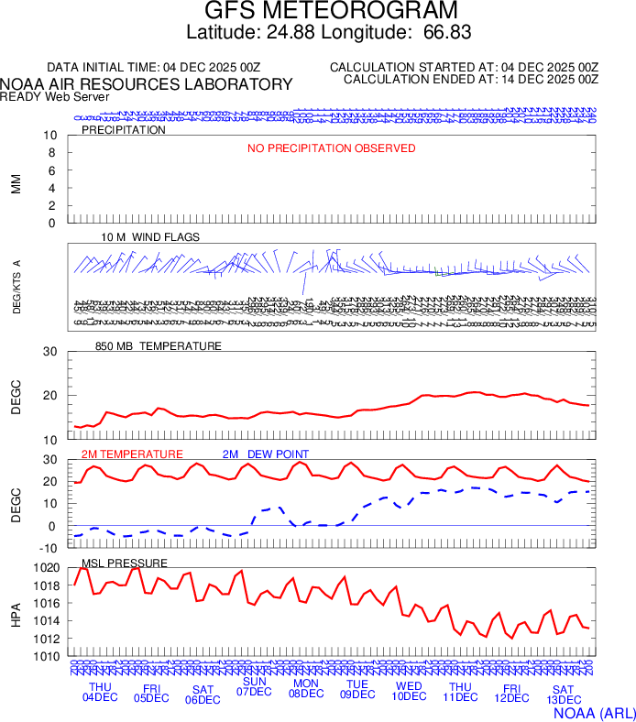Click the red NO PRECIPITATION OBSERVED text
pyautogui.click(x=331, y=148)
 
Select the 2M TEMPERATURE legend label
pyautogui.click(x=132, y=454)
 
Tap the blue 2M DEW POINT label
pyautogui.click(x=266, y=454)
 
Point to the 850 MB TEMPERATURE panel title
pyautogui.click(x=158, y=346)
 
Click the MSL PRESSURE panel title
pyautogui.click(x=125, y=563)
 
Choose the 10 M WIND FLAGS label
pyautogui.click(x=150, y=237)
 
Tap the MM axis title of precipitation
pyautogui.click(x=16, y=180)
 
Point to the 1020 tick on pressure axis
pyautogui.click(x=48, y=568)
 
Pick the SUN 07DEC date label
pyautogui.click(x=254, y=686)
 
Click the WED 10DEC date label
pyautogui.click(x=409, y=692)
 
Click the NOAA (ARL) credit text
pyautogui.click(x=593, y=710)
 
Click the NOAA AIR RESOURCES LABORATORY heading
pyautogui.click(x=147, y=84)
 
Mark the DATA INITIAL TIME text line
pyautogui.click(x=153, y=68)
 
